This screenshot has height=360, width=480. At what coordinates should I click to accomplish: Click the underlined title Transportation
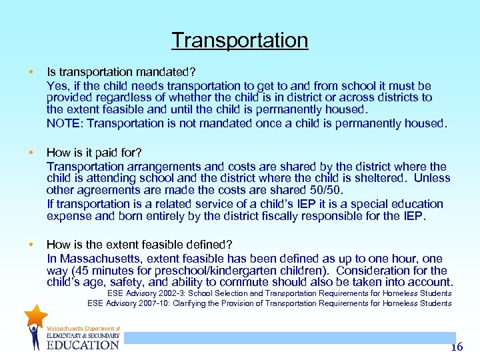pyautogui.click(x=239, y=40)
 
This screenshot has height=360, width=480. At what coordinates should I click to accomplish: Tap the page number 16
pyautogui.click(x=456, y=347)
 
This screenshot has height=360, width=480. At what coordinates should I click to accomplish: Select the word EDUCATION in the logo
pyautogui.click(x=83, y=345)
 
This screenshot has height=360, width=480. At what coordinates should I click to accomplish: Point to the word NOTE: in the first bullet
pyautogui.click(x=65, y=123)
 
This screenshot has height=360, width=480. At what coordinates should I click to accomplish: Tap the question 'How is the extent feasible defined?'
pyautogui.click(x=139, y=245)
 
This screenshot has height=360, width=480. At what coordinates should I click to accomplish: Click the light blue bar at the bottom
pyautogui.click(x=290, y=338)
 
